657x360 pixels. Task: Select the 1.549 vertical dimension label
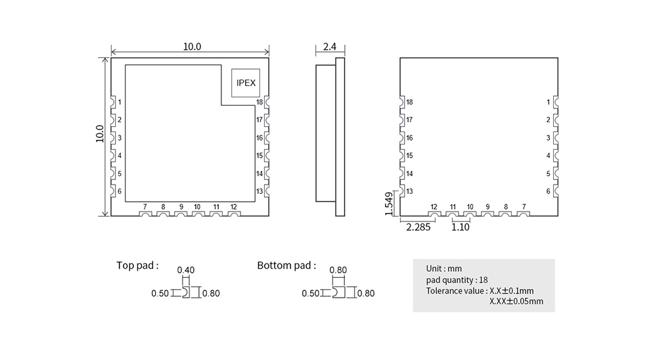pos(389,204)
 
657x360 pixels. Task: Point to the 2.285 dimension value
pos(419,227)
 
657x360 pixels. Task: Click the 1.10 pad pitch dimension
pos(461,227)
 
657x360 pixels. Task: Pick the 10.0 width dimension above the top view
pos(192,47)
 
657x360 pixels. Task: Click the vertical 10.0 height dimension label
pos(99,134)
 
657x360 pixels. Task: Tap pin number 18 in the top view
pos(260,102)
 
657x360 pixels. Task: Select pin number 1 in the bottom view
pos(548,102)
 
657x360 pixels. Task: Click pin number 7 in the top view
pos(145,207)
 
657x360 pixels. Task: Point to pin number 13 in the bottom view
pos(409,191)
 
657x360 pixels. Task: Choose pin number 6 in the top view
pos(120,191)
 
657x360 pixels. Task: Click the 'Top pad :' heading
pos(137,265)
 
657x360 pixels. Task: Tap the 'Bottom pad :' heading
pos(286,265)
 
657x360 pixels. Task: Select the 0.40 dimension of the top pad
pos(187,270)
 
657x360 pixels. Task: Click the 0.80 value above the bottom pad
pos(338,270)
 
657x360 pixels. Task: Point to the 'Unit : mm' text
pos(444,269)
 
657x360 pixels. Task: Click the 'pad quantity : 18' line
pos(457,280)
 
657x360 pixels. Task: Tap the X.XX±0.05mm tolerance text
pos(516,302)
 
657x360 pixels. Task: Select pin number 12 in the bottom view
pos(434,207)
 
